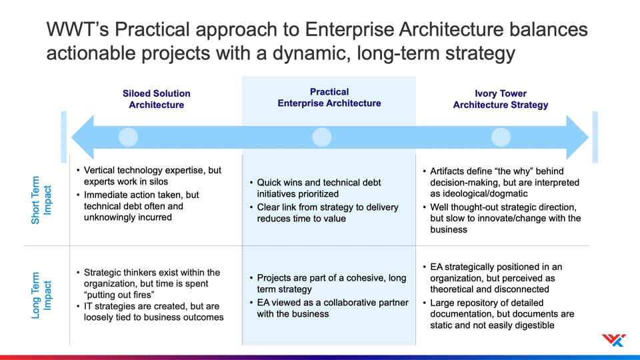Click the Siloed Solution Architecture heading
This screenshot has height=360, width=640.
(x=156, y=99)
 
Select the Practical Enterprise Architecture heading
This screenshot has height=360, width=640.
(x=329, y=97)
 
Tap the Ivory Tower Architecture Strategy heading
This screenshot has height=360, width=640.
(x=501, y=99)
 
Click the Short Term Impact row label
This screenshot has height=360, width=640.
(x=41, y=200)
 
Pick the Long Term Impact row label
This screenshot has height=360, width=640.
(x=41, y=295)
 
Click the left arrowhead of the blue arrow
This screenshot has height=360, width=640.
(x=83, y=137)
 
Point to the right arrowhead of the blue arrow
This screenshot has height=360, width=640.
(x=577, y=137)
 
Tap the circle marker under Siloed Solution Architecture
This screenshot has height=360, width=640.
(x=128, y=137)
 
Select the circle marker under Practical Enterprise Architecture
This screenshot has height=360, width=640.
(x=321, y=137)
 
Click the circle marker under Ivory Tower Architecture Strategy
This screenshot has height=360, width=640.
(x=501, y=137)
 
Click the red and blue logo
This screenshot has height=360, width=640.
(x=613, y=340)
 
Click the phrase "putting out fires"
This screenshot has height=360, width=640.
(x=119, y=295)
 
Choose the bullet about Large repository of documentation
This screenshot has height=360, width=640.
(x=499, y=314)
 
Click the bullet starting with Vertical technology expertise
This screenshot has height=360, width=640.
(x=149, y=175)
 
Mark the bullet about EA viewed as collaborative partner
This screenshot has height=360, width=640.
(x=329, y=308)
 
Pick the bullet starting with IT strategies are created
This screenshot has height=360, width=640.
(x=150, y=312)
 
